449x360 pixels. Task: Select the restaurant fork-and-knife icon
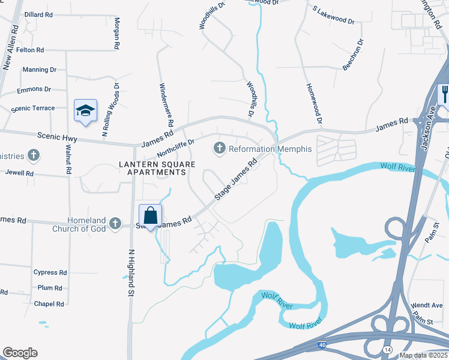coord(445,95)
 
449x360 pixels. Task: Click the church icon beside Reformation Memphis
coord(220,148)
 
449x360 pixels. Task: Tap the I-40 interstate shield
coord(322,346)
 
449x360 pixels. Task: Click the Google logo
coord(20,353)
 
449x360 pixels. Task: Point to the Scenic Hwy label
coord(57,137)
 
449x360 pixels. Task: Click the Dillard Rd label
coord(37,14)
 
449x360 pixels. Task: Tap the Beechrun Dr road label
coord(353,55)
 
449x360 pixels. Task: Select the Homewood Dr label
coord(315,103)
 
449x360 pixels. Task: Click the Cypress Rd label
coord(50,272)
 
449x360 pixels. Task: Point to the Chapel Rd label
coord(49,304)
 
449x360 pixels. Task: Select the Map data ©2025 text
coord(423,355)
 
